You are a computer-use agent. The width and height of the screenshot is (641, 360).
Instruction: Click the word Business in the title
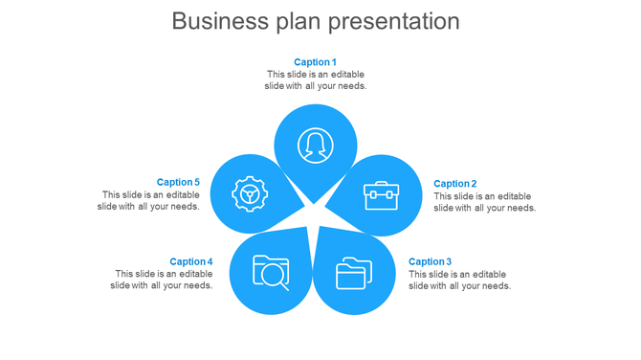click(216, 21)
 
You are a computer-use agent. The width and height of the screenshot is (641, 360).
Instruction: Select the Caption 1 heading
click(315, 62)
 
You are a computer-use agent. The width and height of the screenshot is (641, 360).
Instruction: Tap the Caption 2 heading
click(454, 184)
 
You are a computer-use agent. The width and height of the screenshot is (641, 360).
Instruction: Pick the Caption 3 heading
click(430, 261)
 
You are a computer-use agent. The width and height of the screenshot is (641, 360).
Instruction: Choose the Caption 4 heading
click(190, 261)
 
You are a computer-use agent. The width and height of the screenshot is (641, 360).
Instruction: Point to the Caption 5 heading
click(178, 182)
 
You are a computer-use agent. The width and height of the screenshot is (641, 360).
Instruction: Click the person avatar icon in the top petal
click(315, 146)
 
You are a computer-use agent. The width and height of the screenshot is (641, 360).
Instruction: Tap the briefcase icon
click(381, 194)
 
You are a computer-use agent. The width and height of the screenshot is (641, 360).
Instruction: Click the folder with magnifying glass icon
click(271, 272)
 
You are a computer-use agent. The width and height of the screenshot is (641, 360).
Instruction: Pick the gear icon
click(250, 194)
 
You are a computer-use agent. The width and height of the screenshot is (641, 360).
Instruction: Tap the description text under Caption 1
click(315, 80)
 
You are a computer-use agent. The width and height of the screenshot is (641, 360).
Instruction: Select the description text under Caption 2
click(484, 202)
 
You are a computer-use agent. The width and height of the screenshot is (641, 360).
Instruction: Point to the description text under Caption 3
click(459, 280)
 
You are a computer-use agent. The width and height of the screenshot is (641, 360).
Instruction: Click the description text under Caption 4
click(162, 280)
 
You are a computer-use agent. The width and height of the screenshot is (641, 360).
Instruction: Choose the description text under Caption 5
click(149, 200)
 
